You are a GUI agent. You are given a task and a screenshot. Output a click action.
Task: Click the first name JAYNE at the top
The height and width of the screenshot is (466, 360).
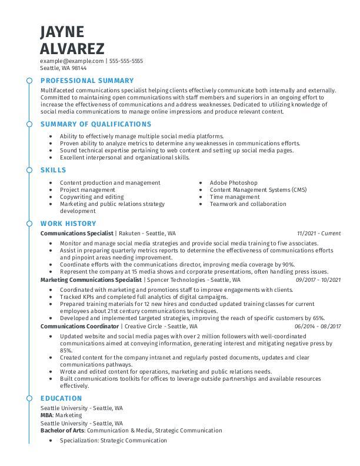pyautogui.click(x=62, y=32)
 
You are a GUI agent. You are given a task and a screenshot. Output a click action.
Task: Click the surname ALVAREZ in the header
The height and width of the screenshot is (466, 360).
pyautogui.click(x=72, y=48)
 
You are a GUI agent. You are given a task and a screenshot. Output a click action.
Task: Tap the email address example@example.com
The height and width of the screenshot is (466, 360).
pyautogui.click(x=71, y=61)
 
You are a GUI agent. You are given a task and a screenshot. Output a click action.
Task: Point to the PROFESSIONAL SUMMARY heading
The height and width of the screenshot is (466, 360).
pyautogui.click(x=87, y=81)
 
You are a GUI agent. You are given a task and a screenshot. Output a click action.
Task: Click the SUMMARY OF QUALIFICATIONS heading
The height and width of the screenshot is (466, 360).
pyautogui.click(x=96, y=124)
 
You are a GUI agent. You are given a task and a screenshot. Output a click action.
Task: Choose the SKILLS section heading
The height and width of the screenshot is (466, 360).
pyautogui.click(x=54, y=169)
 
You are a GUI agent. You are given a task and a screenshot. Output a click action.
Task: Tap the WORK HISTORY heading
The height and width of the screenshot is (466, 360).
pyautogui.click(x=68, y=224)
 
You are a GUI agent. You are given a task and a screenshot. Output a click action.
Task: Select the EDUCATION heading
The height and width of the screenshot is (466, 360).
pyautogui.click(x=61, y=398)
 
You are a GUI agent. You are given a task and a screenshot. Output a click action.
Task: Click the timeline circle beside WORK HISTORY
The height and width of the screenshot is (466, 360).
pyautogui.click(x=29, y=224)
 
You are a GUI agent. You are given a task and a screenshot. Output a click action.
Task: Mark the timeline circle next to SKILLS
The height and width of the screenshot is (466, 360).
pyautogui.click(x=29, y=169)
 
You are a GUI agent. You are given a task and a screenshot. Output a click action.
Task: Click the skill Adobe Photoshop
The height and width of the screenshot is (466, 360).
pyautogui.click(x=234, y=183)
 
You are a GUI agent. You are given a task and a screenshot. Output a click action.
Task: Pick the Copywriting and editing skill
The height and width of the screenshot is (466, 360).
pyautogui.click(x=92, y=197)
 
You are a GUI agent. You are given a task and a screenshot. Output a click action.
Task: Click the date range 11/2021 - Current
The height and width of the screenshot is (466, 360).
pyautogui.click(x=318, y=234)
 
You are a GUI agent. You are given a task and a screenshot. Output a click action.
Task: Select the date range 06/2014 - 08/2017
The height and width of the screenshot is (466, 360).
pyautogui.click(x=318, y=326)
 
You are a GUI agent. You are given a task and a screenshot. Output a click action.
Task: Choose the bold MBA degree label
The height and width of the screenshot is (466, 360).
pyautogui.click(x=46, y=415)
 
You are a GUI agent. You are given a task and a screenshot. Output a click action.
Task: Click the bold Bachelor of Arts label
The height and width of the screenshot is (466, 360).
pyautogui.click(x=62, y=431)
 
